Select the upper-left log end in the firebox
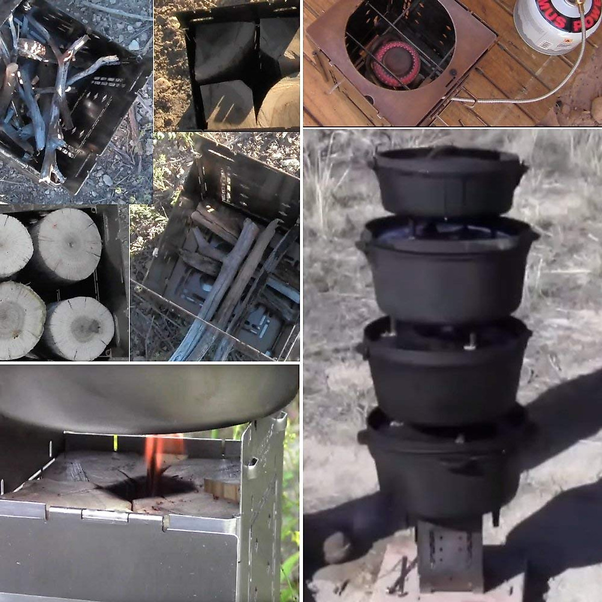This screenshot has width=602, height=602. click(x=13, y=246)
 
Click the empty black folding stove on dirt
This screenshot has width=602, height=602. click(x=236, y=65)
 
